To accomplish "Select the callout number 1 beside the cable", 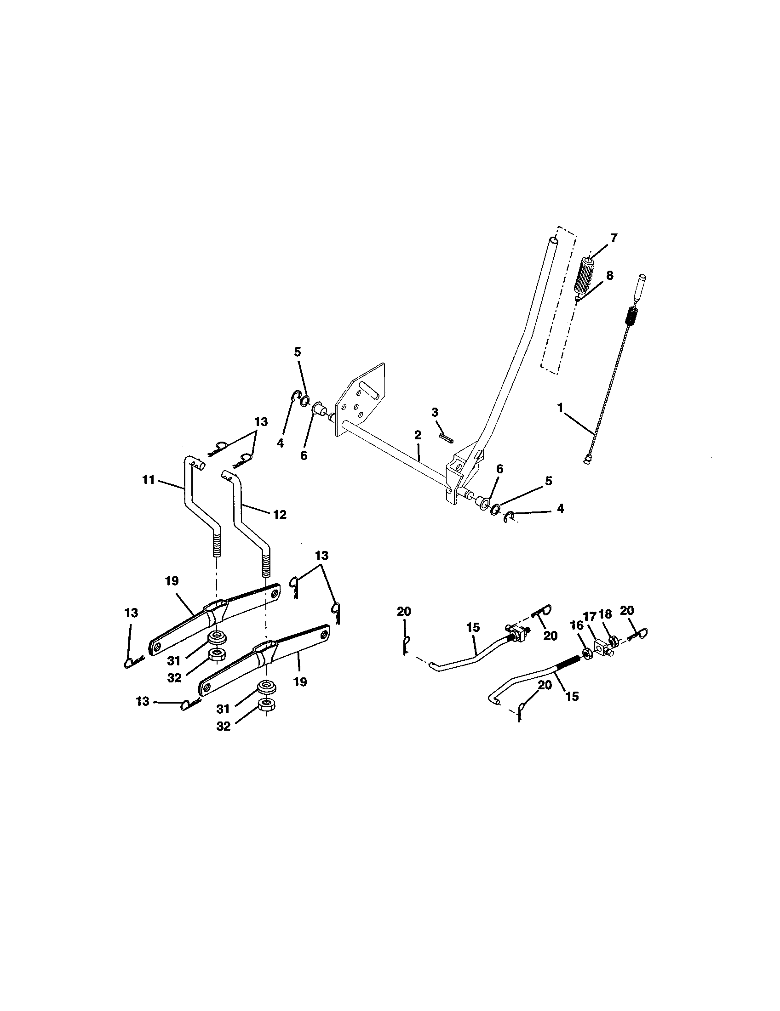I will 560,407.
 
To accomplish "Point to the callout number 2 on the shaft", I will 418,435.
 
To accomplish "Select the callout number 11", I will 148,480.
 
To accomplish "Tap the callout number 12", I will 280,514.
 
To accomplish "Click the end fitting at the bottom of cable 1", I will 587,460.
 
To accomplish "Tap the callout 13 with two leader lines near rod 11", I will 261,422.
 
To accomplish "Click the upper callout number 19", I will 172,581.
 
